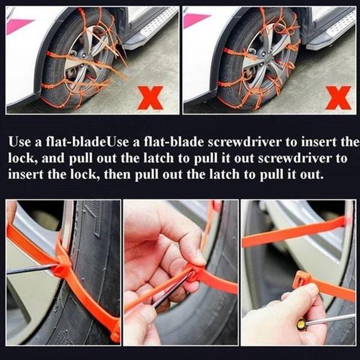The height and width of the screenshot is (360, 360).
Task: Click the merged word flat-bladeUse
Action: click(71, 142)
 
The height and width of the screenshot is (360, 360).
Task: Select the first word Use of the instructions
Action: click(19, 142)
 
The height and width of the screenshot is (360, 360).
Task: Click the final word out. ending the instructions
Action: click(313, 175)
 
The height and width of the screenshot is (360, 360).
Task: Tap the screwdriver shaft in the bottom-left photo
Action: click(27, 269)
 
